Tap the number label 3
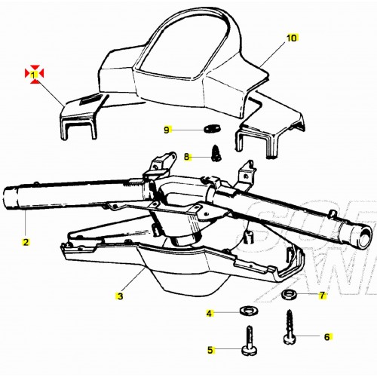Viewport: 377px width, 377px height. pyautogui.click(x=119, y=277)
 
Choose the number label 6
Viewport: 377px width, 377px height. pyautogui.click(x=326, y=337)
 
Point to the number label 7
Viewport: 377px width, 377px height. pyautogui.click(x=322, y=295)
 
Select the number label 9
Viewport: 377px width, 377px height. pyautogui.click(x=167, y=130)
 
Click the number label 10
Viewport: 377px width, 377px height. pyautogui.click(x=293, y=37)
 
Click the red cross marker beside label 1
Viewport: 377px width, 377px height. pyautogui.click(x=34, y=73)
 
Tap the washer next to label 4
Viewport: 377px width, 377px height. pyautogui.click(x=246, y=310)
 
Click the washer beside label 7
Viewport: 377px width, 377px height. pyautogui.click(x=288, y=293)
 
